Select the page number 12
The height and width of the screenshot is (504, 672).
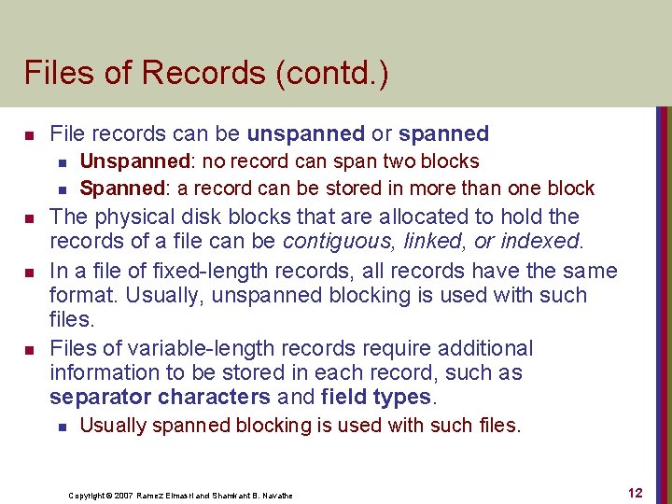point(635,494)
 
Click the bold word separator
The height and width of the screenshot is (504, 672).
point(100,398)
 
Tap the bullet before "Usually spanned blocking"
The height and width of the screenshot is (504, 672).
point(61,427)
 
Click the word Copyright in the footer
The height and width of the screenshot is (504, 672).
point(89,496)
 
